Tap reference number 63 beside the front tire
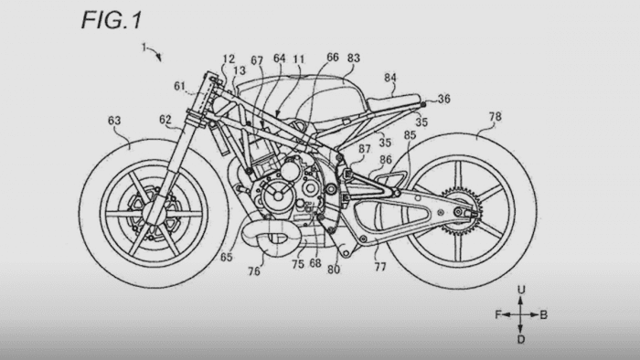pos(115,119)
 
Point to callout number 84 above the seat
pos(390,79)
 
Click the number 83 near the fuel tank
pos(353,57)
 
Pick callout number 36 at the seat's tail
pos(444,99)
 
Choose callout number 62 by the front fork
pos(165,119)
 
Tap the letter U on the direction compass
pos(519,290)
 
